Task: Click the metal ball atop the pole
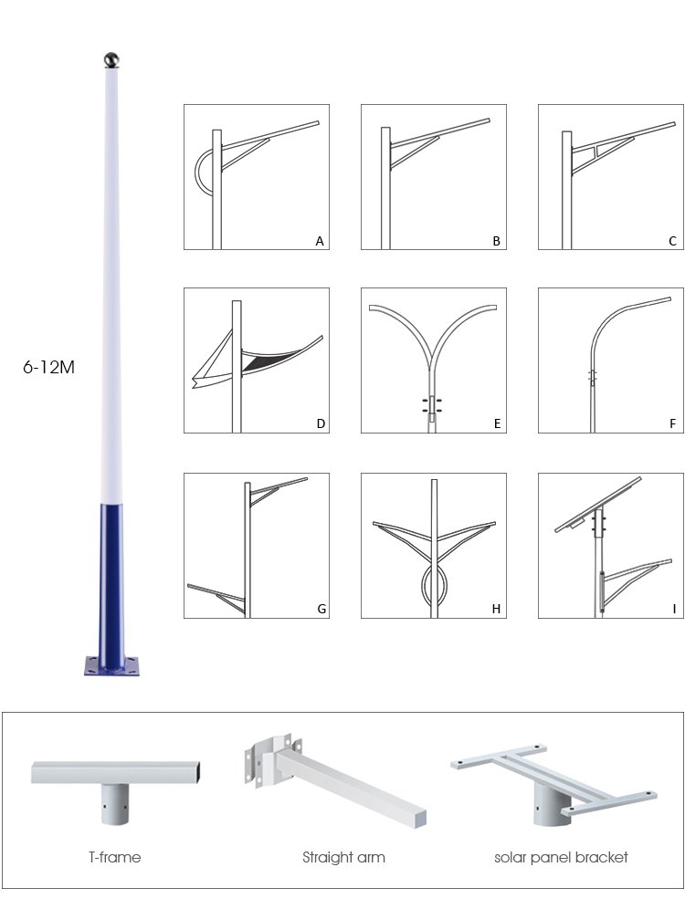[x=111, y=59]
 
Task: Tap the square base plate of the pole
[x=112, y=666]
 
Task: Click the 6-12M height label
[x=48, y=367]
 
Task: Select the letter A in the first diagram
[x=320, y=241]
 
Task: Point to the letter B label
[x=497, y=241]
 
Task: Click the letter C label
[x=673, y=241]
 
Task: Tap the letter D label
[x=321, y=423]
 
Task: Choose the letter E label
[x=497, y=423]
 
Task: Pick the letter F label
[x=673, y=423]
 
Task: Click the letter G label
[x=321, y=609]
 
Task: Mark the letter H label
[x=496, y=609]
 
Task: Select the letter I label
[x=674, y=609]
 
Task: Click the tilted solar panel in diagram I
[x=598, y=504]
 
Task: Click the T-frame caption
[x=115, y=857]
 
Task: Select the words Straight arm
[x=343, y=857]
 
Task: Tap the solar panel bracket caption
[x=561, y=857]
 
